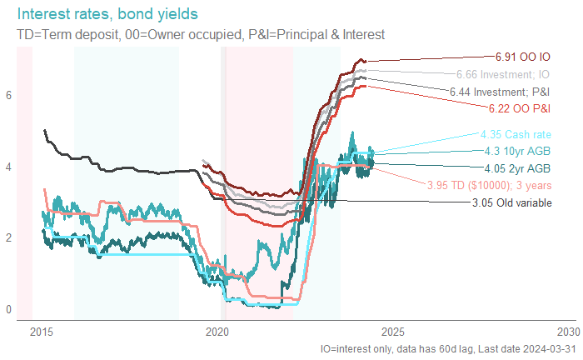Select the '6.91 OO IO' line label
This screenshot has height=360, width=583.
522,58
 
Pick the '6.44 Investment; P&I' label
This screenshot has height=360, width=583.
499,90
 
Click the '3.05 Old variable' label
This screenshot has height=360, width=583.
511,202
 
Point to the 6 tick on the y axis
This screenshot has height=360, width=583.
9,95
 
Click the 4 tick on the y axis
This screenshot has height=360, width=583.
9,167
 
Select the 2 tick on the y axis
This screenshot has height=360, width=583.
9,238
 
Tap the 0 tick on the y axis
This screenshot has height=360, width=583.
9,310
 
